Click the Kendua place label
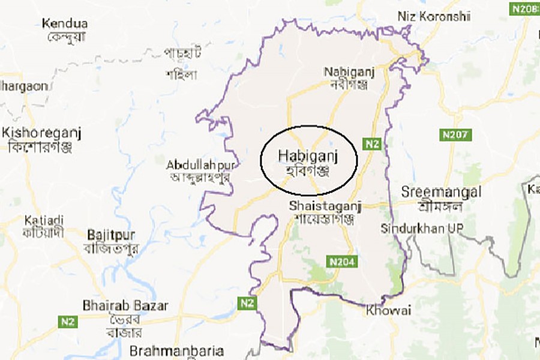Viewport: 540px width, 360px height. pyautogui.click(x=65, y=24)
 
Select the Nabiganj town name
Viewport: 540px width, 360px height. pyautogui.click(x=349, y=71)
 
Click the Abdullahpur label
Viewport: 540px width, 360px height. pyautogui.click(x=202, y=164)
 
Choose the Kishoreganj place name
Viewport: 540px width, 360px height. pyautogui.click(x=42, y=132)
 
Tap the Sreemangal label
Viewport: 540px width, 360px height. pyautogui.click(x=441, y=193)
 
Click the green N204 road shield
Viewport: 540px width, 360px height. pyautogui.click(x=341, y=262)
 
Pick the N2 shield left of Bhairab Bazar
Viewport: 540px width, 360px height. pyautogui.click(x=67, y=322)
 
